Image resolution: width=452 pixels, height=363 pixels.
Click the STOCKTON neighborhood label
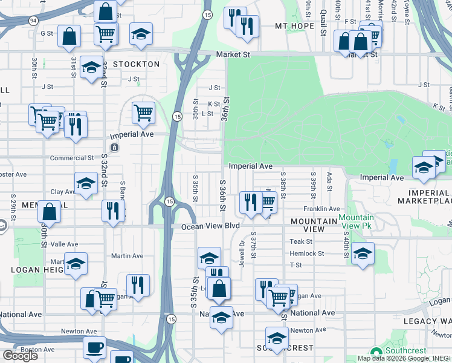coord(136,64)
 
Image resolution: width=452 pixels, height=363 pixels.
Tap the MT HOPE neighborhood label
coord(294,26)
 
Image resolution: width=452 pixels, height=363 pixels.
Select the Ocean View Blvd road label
coord(211,226)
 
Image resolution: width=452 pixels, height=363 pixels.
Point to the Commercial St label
coord(72,158)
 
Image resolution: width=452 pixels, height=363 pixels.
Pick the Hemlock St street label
coord(307,253)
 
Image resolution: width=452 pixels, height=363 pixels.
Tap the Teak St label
coord(300,241)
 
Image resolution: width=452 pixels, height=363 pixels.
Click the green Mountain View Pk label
coord(356,221)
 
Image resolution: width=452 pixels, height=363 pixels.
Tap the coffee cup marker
coord(94,348)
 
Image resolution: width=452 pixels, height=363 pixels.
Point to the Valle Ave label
coord(64,244)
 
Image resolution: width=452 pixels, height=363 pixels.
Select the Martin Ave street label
coord(126,257)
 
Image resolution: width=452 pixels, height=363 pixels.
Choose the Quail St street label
coord(324,12)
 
